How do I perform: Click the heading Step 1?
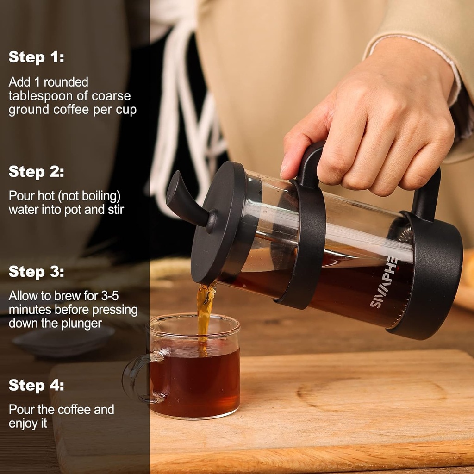click(x=36, y=57)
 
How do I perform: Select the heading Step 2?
click(x=36, y=172)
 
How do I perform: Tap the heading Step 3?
click(x=36, y=272)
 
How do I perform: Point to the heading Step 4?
click(x=36, y=385)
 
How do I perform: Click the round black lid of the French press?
click(x=218, y=222)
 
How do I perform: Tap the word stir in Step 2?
click(x=115, y=209)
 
